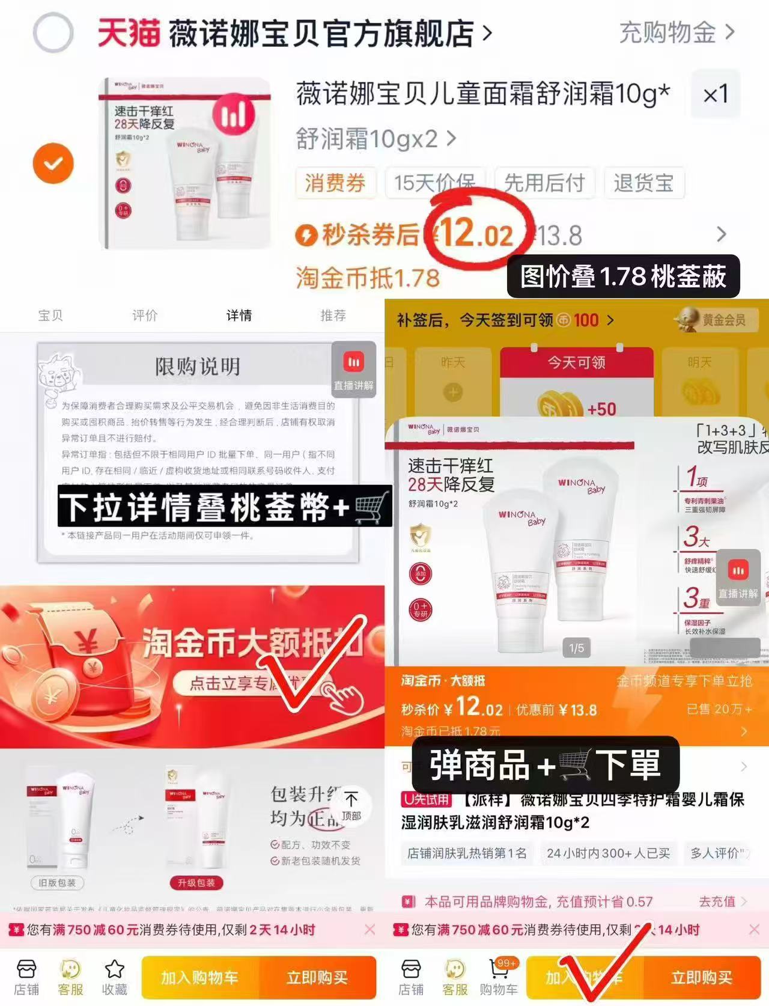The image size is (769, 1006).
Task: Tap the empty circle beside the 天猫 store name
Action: pyautogui.click(x=53, y=32)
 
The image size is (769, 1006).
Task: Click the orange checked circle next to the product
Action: pyautogui.click(x=53, y=163)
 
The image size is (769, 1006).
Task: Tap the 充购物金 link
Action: pyautogui.click(x=676, y=32)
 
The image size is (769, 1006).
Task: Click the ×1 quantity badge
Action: pyautogui.click(x=716, y=94)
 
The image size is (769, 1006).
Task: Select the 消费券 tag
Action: pyautogui.click(x=335, y=183)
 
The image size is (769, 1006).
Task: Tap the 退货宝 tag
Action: pyautogui.click(x=643, y=183)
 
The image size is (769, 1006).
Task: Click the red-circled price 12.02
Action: pyautogui.click(x=478, y=233)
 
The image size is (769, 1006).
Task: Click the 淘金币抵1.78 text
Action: pyautogui.click(x=368, y=278)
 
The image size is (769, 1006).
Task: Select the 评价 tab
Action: pyautogui.click(x=145, y=316)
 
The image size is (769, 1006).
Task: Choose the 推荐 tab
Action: pyautogui.click(x=333, y=316)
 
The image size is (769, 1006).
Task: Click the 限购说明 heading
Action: pyautogui.click(x=198, y=366)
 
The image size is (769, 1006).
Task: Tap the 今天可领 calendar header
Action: pyautogui.click(x=576, y=362)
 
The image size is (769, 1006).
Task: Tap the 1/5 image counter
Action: pyautogui.click(x=576, y=648)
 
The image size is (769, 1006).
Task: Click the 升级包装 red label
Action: pyautogui.click(x=196, y=882)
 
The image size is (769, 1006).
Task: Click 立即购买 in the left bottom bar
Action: pyautogui.click(x=317, y=978)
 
